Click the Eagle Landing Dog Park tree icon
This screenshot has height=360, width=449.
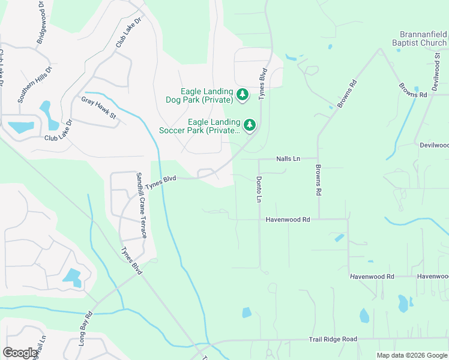click(243, 94)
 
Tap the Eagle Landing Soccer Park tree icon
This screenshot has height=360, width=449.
click(250, 125)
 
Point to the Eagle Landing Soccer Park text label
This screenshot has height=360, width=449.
click(199, 125)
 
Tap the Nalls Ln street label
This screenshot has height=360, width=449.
click(288, 159)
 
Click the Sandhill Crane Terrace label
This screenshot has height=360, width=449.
click(141, 205)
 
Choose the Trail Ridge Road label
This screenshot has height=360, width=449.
click(333, 340)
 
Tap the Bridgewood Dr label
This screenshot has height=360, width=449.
click(41, 22)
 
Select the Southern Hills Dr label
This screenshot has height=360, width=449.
click(36, 85)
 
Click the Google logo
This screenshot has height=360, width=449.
click(20, 353)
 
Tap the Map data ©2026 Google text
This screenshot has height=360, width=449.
click(411, 355)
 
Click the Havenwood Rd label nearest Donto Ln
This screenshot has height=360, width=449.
click(288, 220)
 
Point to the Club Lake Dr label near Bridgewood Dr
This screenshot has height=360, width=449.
click(128, 33)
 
